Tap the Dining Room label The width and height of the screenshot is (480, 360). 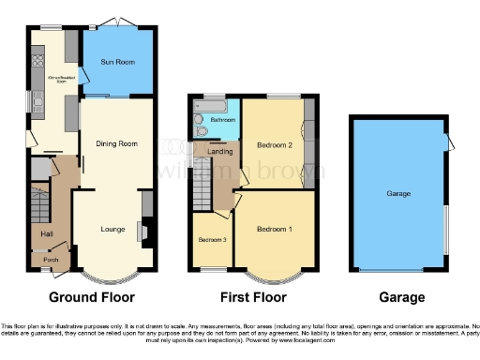coord(116,143)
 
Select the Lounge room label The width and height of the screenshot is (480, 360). coord(112,228)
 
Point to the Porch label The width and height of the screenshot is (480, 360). coord(51,260)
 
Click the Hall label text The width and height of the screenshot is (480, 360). coord(46,233)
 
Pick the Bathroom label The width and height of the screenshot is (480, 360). coord(222,120)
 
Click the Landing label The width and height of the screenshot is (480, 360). coord(219,151)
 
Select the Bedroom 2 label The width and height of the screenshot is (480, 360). coord(276,145)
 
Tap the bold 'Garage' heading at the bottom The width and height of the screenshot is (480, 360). coord(397,297)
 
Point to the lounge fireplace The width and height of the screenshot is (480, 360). coord(142,232)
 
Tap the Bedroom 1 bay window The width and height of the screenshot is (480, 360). coord(274,275)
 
